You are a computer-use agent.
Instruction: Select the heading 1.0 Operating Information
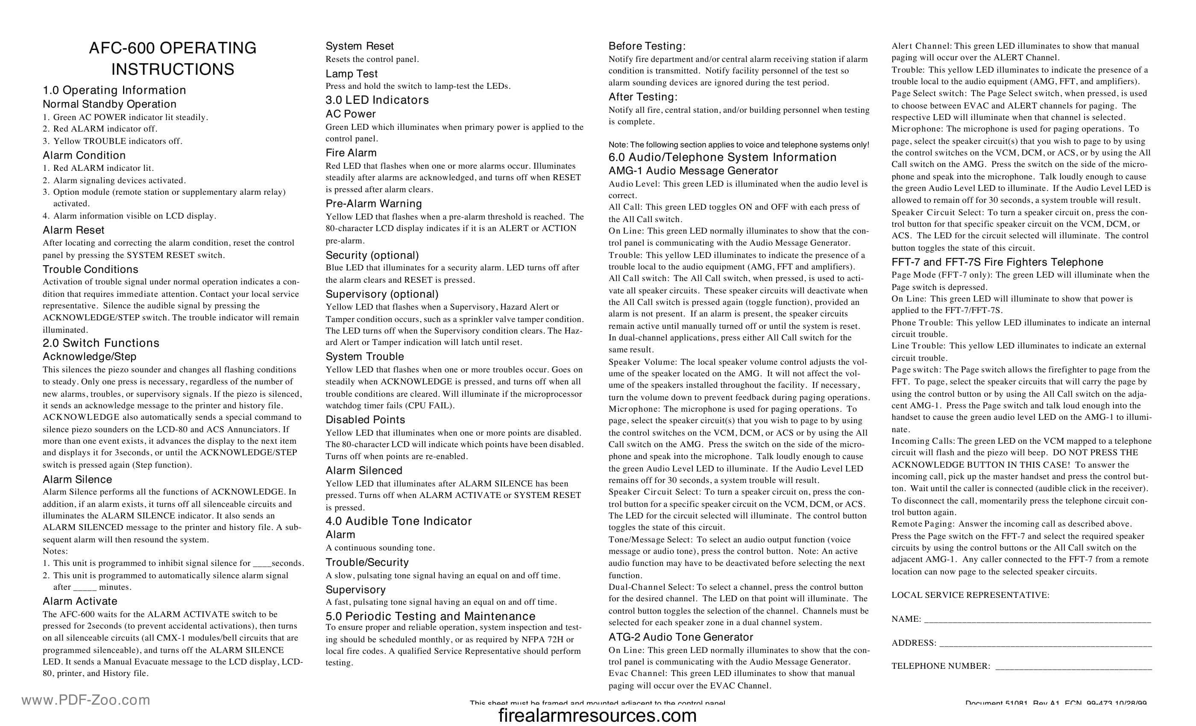tap(114, 90)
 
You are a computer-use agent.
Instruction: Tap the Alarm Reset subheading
tap(73, 230)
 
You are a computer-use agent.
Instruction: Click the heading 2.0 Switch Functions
tap(101, 343)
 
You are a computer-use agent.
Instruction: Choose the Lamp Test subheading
tap(352, 74)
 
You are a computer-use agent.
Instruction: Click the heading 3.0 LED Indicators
tap(377, 100)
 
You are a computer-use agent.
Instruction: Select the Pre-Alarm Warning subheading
tap(374, 204)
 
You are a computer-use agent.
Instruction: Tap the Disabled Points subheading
tap(365, 420)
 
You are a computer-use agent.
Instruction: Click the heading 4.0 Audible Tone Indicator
tap(399, 521)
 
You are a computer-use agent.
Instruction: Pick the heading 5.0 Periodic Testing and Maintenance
tap(430, 616)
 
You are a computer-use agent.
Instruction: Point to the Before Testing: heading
tap(647, 46)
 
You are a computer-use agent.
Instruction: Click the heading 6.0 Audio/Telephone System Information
tap(722, 157)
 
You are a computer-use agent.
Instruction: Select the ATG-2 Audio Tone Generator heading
tap(680, 637)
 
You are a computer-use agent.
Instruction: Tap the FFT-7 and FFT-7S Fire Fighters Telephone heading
tap(997, 263)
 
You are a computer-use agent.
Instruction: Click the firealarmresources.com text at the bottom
tap(598, 715)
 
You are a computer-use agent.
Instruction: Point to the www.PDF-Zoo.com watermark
tap(86, 700)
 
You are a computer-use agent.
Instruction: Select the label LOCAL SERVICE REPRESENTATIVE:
tap(970, 595)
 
